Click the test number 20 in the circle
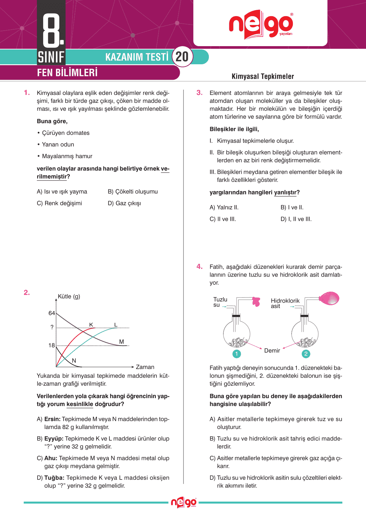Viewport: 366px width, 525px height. coord(182,57)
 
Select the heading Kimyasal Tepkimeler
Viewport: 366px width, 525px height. coord(263,76)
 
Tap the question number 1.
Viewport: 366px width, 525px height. coord(27,93)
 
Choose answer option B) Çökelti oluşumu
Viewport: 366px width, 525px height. coord(133,191)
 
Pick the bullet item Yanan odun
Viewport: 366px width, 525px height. coord(58,144)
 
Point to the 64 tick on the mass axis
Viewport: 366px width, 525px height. coord(52,313)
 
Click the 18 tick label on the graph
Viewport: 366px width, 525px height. coord(52,345)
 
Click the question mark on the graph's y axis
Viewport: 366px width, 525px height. coord(52,327)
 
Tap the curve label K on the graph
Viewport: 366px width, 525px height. coord(91,325)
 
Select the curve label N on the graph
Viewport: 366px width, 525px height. coord(74,361)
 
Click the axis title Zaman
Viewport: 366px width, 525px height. coord(145,367)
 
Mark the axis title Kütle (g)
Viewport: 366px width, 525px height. coord(69,296)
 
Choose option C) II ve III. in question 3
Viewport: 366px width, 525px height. coord(223,219)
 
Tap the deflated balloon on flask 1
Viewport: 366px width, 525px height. coord(256,301)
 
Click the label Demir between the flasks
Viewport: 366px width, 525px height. coord(272,351)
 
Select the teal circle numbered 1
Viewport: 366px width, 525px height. coord(237,354)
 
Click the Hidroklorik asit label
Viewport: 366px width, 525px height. coord(285,303)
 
